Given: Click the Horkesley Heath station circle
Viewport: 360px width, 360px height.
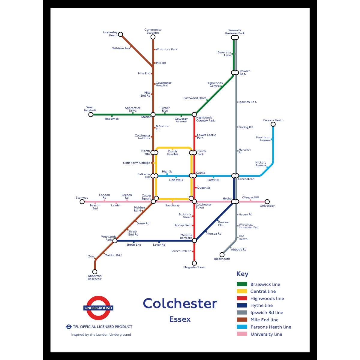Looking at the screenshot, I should pos(120,34).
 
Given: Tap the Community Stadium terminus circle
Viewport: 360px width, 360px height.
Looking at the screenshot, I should pos(153,37).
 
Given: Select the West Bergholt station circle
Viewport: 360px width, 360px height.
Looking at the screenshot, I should pos(91,114).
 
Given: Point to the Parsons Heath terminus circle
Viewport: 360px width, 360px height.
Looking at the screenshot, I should pos(273,124).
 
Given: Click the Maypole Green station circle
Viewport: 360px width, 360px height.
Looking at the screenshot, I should pos(194,263).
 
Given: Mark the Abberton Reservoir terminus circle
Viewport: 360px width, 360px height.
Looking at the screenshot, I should pos(95,271).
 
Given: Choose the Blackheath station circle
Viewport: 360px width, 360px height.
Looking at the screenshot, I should pos(222,255).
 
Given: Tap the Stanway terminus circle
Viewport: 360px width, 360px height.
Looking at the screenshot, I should pos(82,202).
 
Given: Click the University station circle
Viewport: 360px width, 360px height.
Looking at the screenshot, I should pos(267,202).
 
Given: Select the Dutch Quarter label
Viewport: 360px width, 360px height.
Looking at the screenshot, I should pos(172,153).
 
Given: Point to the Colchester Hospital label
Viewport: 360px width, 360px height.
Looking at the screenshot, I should pos(163,84).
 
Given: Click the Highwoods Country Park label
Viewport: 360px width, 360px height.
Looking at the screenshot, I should pos(205,119).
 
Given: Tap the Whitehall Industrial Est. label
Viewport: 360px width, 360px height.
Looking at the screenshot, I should pos(248,226).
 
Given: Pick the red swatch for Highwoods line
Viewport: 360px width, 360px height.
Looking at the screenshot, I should pos(242,298).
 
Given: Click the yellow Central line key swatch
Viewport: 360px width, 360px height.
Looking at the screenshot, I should pos(242,291).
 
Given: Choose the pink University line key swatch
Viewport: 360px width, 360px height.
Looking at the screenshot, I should pos(242,334).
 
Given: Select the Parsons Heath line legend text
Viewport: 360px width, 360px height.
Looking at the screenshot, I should pos(271,327).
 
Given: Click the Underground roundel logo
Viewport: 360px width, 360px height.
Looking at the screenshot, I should pos(98,308).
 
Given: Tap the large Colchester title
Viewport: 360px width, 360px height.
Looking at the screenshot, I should pos(180,304).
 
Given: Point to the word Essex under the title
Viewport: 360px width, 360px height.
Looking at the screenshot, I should pos(180,319).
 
